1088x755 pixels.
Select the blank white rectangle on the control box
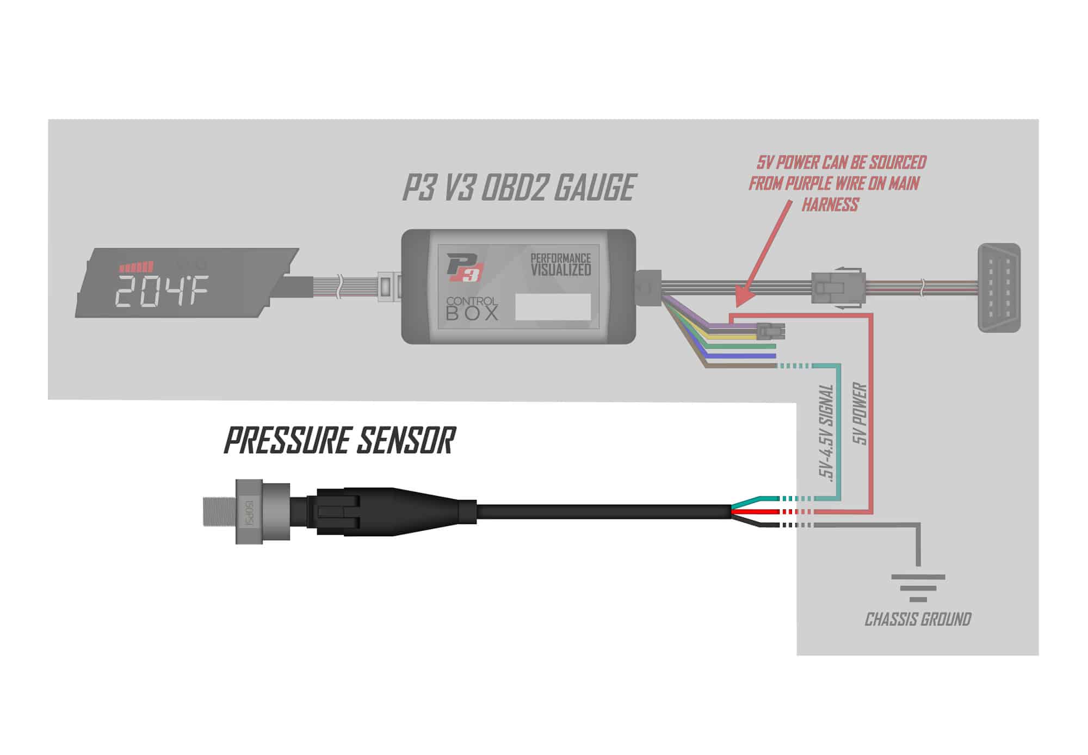(x=553, y=307)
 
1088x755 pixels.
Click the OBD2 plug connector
(x=999, y=287)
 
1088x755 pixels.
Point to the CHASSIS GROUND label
(x=918, y=619)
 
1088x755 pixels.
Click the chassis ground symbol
(x=918, y=587)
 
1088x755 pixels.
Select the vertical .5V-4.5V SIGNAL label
(x=826, y=432)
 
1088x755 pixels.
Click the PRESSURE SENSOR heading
(x=339, y=441)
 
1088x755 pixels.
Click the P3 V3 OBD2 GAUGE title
(x=518, y=188)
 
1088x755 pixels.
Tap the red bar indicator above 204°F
(x=137, y=267)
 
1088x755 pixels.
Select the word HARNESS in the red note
(x=830, y=205)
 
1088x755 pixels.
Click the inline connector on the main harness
(x=838, y=287)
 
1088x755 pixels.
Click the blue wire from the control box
(x=740, y=356)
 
